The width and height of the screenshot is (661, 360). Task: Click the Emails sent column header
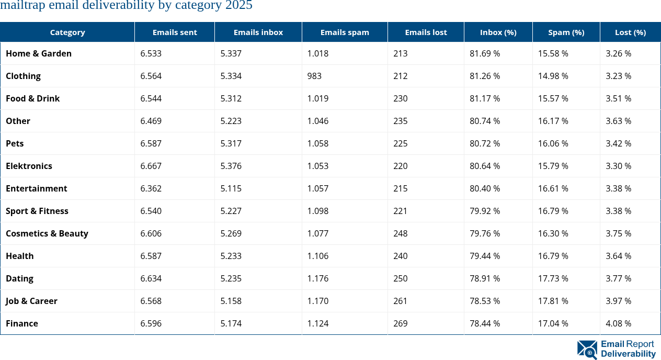[175, 32]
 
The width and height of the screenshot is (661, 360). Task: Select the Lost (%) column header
[630, 32]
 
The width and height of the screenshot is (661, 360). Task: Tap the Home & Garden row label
[39, 53]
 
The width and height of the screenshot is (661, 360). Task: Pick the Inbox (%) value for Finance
[485, 323]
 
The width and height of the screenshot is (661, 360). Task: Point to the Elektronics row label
[29, 166]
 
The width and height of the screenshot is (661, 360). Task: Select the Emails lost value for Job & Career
[401, 301]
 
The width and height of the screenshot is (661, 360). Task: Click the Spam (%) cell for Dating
[553, 278]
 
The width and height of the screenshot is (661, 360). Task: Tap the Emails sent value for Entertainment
[151, 188]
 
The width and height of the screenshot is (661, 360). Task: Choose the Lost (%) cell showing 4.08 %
[618, 323]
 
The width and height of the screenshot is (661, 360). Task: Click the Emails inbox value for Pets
[231, 143]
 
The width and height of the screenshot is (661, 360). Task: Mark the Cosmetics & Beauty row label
[47, 233]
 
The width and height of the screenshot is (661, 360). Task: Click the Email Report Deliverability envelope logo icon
[587, 350]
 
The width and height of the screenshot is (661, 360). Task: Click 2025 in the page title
[238, 6]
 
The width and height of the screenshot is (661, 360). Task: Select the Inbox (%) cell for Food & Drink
[485, 98]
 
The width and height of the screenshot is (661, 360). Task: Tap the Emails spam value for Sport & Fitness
[318, 211]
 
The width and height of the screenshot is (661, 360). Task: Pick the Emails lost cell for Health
[401, 256]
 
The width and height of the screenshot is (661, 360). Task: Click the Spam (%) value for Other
[553, 121]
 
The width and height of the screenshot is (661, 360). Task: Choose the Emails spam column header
[345, 32]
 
